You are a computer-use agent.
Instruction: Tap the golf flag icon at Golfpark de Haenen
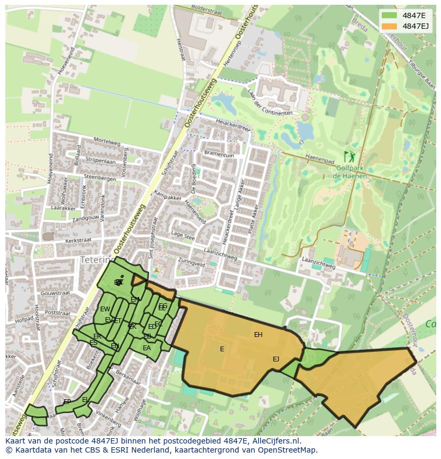tap(349, 157)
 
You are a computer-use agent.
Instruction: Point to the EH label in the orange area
tap(258, 335)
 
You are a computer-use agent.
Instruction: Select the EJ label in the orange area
tap(276, 359)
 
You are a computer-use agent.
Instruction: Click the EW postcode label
tap(105, 309)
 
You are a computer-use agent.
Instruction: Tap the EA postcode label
tap(146, 348)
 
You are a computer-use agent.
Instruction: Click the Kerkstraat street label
tap(78, 240)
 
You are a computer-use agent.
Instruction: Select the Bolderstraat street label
tap(205, 9)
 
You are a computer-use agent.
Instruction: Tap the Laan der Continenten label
tap(268, 102)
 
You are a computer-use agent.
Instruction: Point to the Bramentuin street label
tap(218, 155)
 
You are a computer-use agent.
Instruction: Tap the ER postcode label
tap(97, 336)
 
